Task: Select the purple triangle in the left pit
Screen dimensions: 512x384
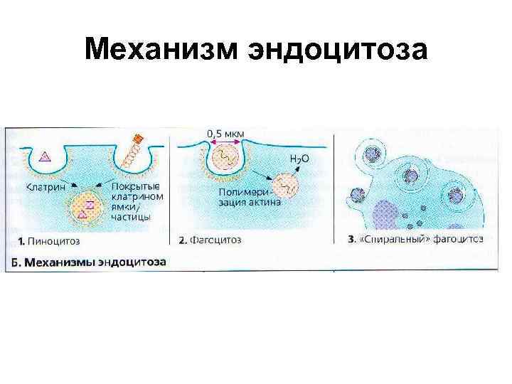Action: click(45, 158)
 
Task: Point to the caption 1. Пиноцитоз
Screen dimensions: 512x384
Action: click(44, 240)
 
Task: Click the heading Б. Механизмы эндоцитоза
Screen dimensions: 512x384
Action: click(89, 262)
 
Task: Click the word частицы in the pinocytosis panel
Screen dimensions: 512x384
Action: click(132, 218)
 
